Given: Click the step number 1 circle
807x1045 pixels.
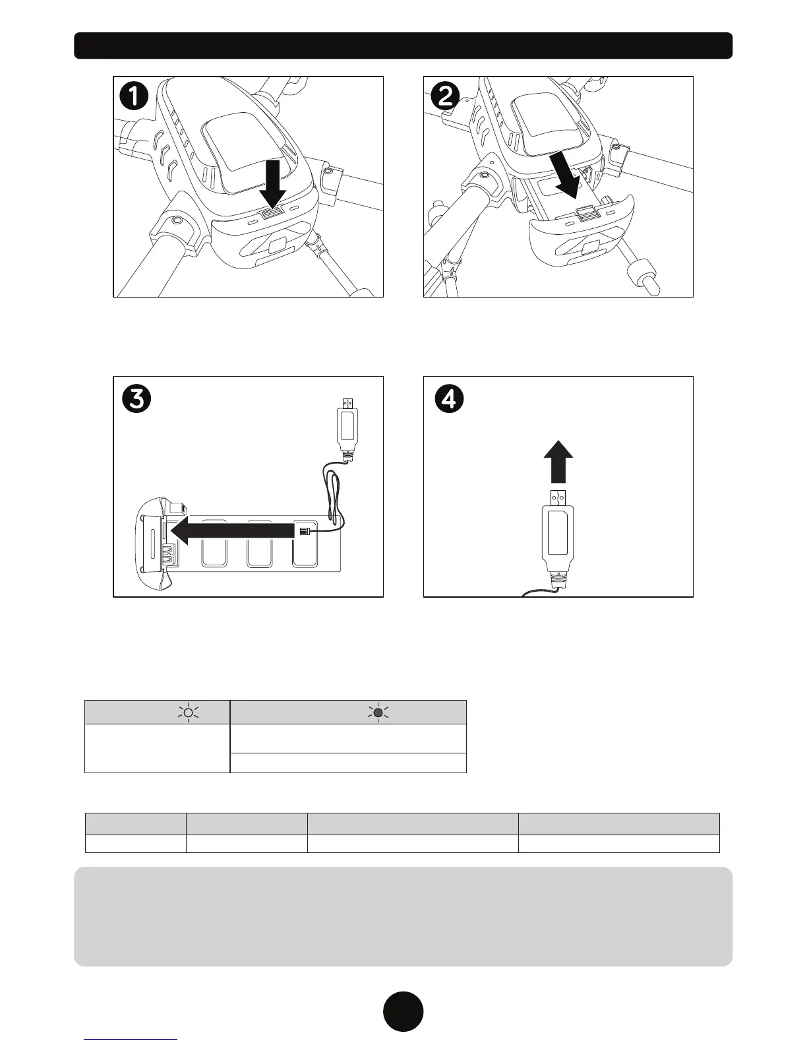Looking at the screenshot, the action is point(134,97).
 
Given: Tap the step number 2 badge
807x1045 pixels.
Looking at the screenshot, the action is point(446,97).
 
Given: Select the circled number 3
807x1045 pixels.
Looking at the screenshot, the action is point(136,400).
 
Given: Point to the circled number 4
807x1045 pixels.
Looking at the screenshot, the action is point(448,400).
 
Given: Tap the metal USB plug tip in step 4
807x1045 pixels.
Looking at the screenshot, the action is point(558,496).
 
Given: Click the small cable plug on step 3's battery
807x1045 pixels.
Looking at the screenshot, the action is point(304,532).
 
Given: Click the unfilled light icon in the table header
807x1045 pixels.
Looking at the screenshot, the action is point(189,712).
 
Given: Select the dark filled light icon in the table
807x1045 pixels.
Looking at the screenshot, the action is point(378,712).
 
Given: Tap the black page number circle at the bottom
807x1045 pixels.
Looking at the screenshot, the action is point(403,1011).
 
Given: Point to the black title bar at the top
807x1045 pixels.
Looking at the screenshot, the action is point(403,46).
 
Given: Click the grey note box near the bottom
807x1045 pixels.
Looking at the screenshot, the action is point(403,916).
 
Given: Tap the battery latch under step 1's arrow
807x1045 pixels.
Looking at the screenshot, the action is point(271,213).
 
